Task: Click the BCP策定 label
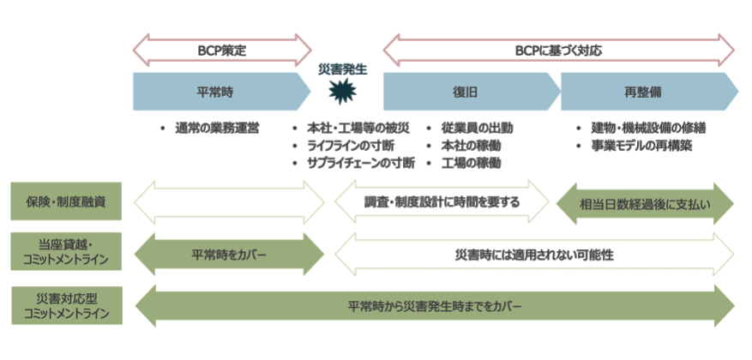point(222,51)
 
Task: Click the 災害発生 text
point(342,69)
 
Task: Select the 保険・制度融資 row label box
point(65,202)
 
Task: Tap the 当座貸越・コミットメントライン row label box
point(65,254)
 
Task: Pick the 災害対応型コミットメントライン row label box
point(65,305)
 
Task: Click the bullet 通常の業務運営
point(217,129)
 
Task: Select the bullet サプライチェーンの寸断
point(361,163)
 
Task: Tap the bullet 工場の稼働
point(471,163)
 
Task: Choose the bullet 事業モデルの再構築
point(641,146)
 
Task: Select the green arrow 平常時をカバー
point(229,255)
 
